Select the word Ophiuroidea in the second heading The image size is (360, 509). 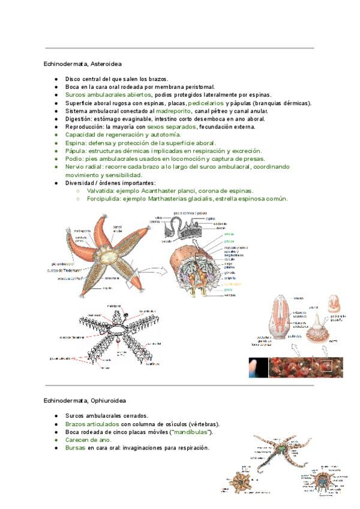point(108,400)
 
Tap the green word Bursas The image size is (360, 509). point(75,447)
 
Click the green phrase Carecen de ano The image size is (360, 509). point(88,439)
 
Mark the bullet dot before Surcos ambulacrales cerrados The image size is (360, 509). point(55,415)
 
